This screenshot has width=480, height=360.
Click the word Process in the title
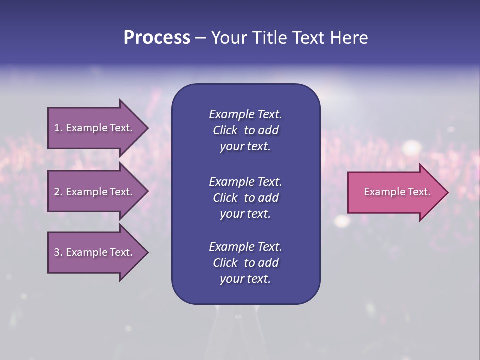pyautogui.click(x=157, y=38)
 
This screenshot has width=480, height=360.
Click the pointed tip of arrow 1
pyautogui.click(x=146, y=128)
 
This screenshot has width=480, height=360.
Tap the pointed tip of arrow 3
pyautogui.click(x=146, y=252)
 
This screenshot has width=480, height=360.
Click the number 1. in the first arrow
pyautogui.click(x=58, y=128)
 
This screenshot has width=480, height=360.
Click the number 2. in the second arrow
pyautogui.click(x=58, y=192)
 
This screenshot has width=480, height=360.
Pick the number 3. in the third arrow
pyautogui.click(x=58, y=252)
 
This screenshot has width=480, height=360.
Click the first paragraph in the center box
pyautogui.click(x=245, y=130)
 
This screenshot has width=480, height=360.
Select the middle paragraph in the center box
pyautogui.click(x=245, y=198)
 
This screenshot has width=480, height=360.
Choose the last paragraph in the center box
pyautogui.click(x=245, y=263)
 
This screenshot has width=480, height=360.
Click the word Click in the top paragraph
pyautogui.click(x=225, y=130)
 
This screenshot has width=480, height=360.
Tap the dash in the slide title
pyautogui.click(x=200, y=38)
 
